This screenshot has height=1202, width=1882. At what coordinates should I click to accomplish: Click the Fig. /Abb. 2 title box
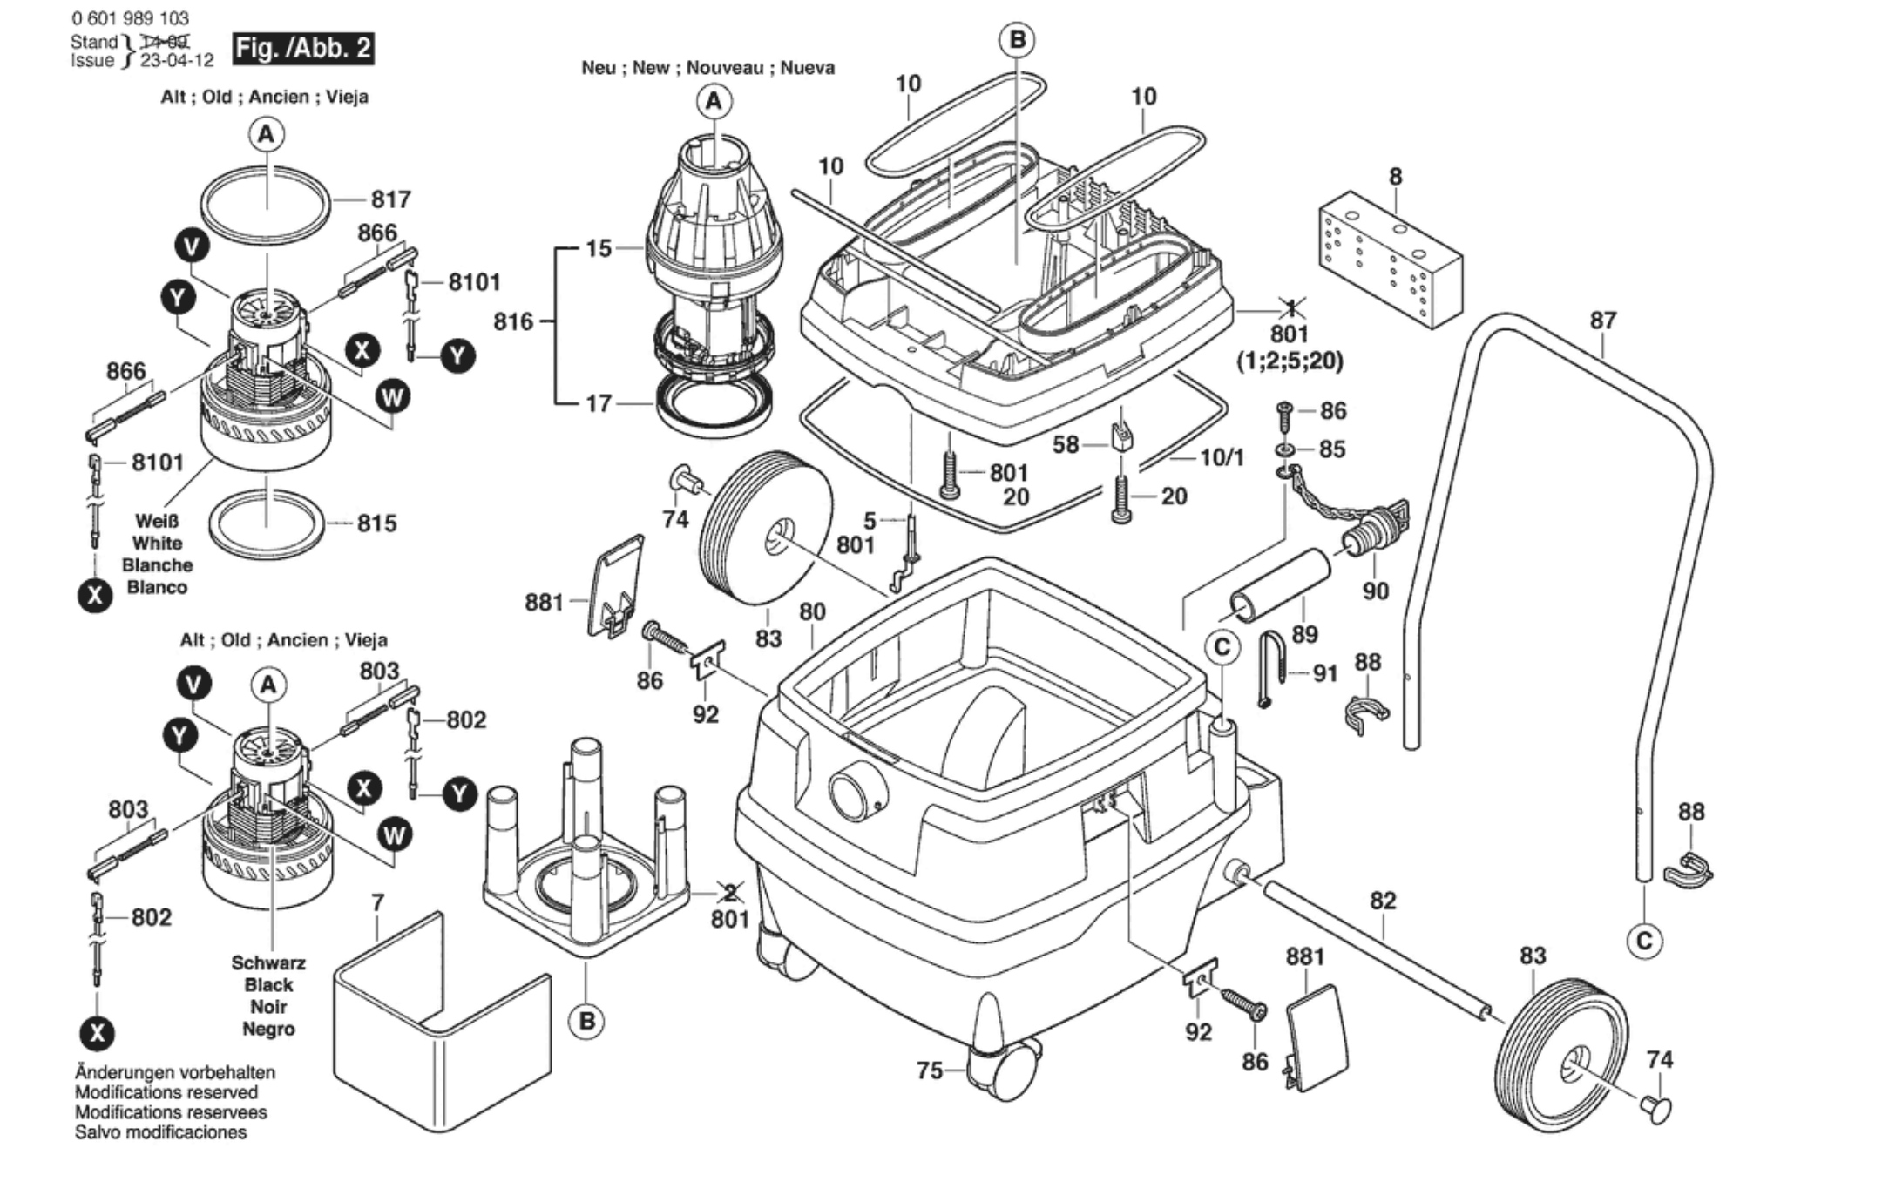click(303, 48)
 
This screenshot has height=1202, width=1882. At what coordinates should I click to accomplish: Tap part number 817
click(390, 199)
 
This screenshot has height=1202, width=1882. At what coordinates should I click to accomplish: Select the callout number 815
click(376, 523)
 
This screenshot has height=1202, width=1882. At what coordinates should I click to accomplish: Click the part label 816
click(513, 321)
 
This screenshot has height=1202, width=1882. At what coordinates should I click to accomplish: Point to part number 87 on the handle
click(1603, 321)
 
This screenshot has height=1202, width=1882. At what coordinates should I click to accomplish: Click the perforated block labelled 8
click(1390, 260)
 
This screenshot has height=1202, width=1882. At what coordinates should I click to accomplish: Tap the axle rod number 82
click(1383, 901)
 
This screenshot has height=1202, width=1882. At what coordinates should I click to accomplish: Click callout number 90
click(1375, 591)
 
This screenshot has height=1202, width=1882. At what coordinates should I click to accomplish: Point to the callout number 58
click(1066, 445)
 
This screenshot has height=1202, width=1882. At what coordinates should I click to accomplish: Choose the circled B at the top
click(1017, 40)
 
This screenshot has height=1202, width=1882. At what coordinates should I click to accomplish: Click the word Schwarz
click(268, 963)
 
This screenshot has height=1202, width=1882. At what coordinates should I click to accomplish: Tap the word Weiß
click(157, 521)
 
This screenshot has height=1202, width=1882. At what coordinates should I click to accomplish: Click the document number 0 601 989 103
click(131, 18)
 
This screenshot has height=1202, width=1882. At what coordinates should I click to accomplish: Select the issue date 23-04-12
click(177, 61)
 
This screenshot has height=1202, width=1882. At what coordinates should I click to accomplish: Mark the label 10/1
click(1222, 457)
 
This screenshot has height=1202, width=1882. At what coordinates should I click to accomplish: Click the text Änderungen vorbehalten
click(175, 1073)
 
